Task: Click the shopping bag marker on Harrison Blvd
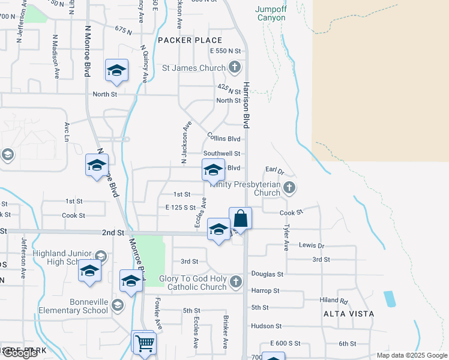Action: click(240, 219)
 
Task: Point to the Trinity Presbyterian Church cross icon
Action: click(289, 188)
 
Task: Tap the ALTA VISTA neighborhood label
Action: click(349, 314)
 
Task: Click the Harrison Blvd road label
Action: click(246, 105)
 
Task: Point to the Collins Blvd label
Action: click(224, 138)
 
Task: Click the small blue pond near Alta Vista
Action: click(390, 299)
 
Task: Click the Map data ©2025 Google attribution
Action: click(411, 355)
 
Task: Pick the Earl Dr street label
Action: click(274, 170)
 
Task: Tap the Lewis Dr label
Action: click(312, 245)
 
